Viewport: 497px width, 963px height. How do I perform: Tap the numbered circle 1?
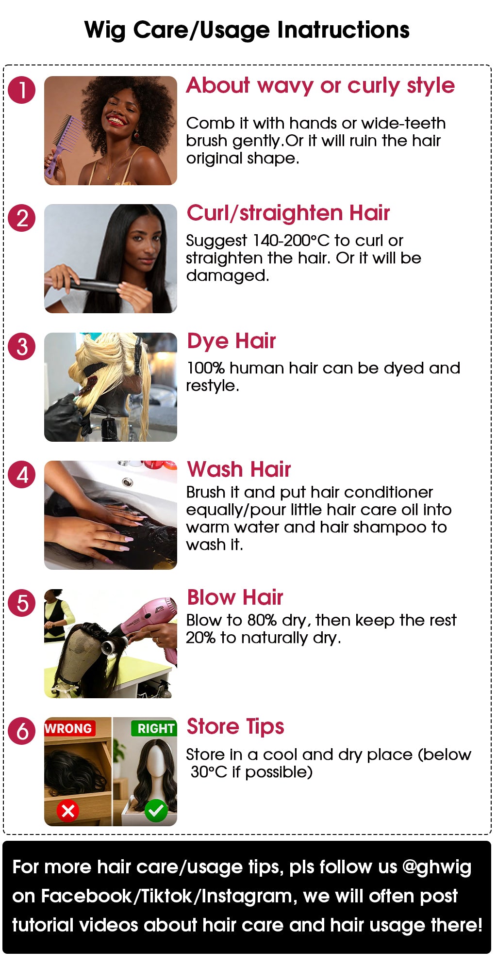tap(22, 90)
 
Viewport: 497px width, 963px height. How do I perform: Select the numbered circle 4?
tap(22, 475)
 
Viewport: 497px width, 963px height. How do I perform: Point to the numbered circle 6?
tap(22, 731)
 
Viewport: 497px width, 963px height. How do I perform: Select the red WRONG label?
tap(68, 728)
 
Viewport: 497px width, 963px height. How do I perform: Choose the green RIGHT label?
tap(154, 728)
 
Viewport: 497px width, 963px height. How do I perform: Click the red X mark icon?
tap(68, 810)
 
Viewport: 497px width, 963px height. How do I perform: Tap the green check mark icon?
tap(156, 810)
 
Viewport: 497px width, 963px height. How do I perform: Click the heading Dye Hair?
tap(232, 341)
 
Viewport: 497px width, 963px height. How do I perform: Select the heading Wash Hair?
tap(239, 469)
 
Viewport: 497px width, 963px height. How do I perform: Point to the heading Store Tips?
tap(235, 727)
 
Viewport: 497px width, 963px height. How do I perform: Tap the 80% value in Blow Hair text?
tap(262, 620)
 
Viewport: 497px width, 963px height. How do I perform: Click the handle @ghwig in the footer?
tap(437, 867)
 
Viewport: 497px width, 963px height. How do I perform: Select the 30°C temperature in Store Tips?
tap(209, 771)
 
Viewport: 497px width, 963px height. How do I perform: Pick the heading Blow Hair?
tap(235, 597)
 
